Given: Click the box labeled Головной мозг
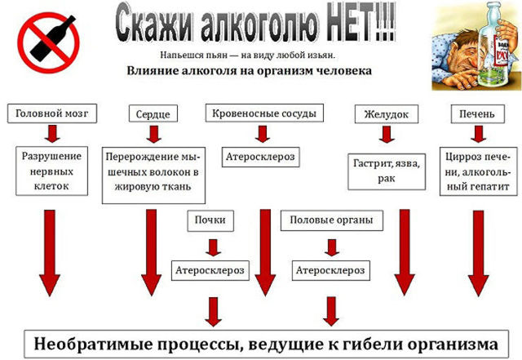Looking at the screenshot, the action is pyautogui.click(x=52, y=113).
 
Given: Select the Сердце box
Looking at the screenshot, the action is pyautogui.click(x=153, y=114).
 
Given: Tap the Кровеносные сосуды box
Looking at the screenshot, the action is pyautogui.click(x=264, y=113).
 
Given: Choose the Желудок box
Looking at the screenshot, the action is pyautogui.click(x=386, y=114).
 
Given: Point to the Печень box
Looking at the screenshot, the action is pyautogui.click(x=477, y=114).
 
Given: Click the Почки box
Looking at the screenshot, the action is pyautogui.click(x=210, y=220).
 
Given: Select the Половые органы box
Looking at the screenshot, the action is pyautogui.click(x=332, y=220).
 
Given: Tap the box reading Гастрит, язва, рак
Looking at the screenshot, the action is pyautogui.click(x=387, y=171).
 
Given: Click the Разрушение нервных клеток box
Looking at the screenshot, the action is pyautogui.click(x=51, y=171).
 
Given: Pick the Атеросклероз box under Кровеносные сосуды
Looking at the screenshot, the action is pyautogui.click(x=261, y=157).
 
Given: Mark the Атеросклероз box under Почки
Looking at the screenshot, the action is pyautogui.click(x=210, y=270).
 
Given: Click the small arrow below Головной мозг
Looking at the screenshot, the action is pyautogui.click(x=52, y=134).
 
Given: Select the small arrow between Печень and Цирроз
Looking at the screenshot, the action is pyautogui.click(x=479, y=134).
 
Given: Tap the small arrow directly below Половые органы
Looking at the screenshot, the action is pyautogui.click(x=332, y=247).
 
